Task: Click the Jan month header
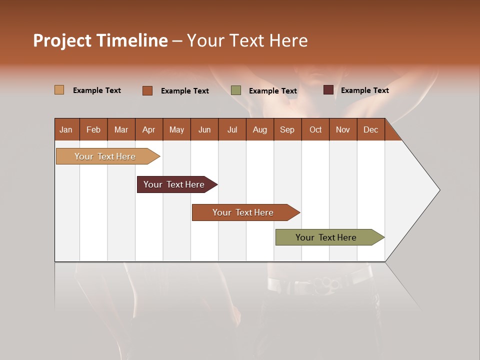tap(66, 129)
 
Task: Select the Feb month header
tap(93, 129)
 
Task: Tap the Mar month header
tap(121, 129)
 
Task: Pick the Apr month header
tap(149, 129)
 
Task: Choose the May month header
tap(176, 129)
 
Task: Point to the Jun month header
tap(204, 129)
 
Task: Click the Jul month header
tap(232, 129)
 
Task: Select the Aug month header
tap(260, 129)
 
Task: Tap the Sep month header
tap(287, 129)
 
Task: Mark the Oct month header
tap(315, 129)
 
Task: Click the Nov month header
tap(343, 129)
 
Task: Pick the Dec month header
tap(371, 129)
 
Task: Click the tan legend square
tap(59, 90)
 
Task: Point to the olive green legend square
tap(236, 90)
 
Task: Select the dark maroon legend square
tap(328, 90)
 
